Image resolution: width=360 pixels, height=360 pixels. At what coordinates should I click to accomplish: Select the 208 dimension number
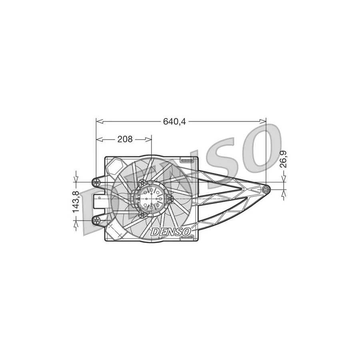coord(125,139)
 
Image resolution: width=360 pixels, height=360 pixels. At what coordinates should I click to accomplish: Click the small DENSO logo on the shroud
coord(172,231)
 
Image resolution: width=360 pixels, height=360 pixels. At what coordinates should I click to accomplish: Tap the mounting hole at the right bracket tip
coord(265,189)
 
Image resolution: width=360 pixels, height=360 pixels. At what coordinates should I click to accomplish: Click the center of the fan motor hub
coord(150,198)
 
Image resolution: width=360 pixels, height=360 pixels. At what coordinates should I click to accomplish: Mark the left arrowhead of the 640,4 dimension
coord(99,120)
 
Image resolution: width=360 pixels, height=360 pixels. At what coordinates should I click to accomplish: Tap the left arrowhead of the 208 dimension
coord(99,139)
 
